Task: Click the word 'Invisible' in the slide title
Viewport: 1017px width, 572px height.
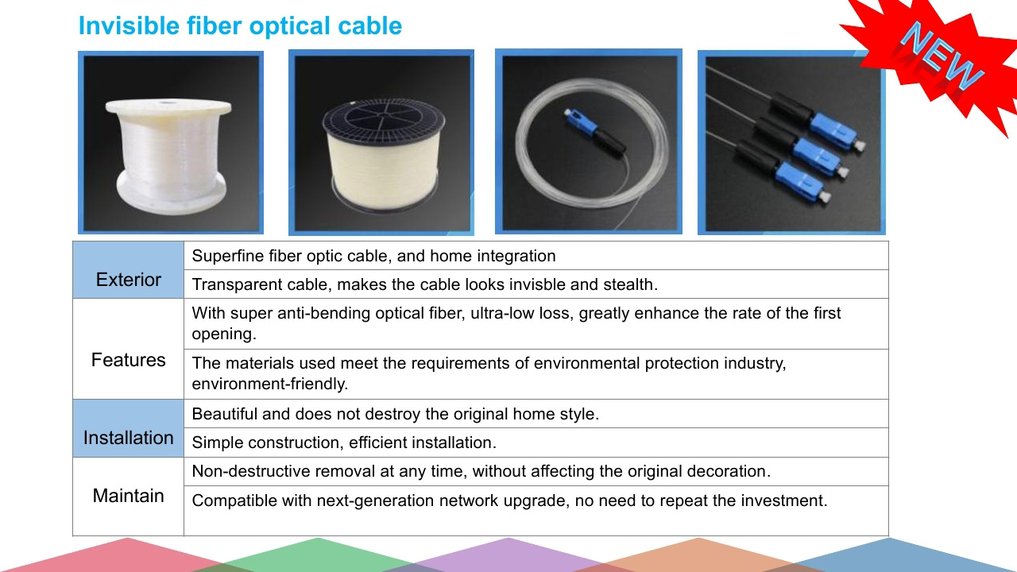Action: [x=129, y=25]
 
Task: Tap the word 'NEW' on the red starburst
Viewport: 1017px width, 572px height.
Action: [x=942, y=56]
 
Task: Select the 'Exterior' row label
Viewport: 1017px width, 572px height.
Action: [x=129, y=280]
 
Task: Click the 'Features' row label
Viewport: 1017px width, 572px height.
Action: [x=129, y=360]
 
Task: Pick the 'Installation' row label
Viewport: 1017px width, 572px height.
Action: [x=129, y=438]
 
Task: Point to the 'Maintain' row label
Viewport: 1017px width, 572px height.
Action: [x=129, y=496]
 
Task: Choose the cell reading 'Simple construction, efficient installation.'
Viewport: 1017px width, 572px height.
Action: [x=344, y=443]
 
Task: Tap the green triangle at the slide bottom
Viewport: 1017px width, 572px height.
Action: [x=318, y=555]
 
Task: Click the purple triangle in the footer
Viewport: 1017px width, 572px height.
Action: [x=508, y=555]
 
